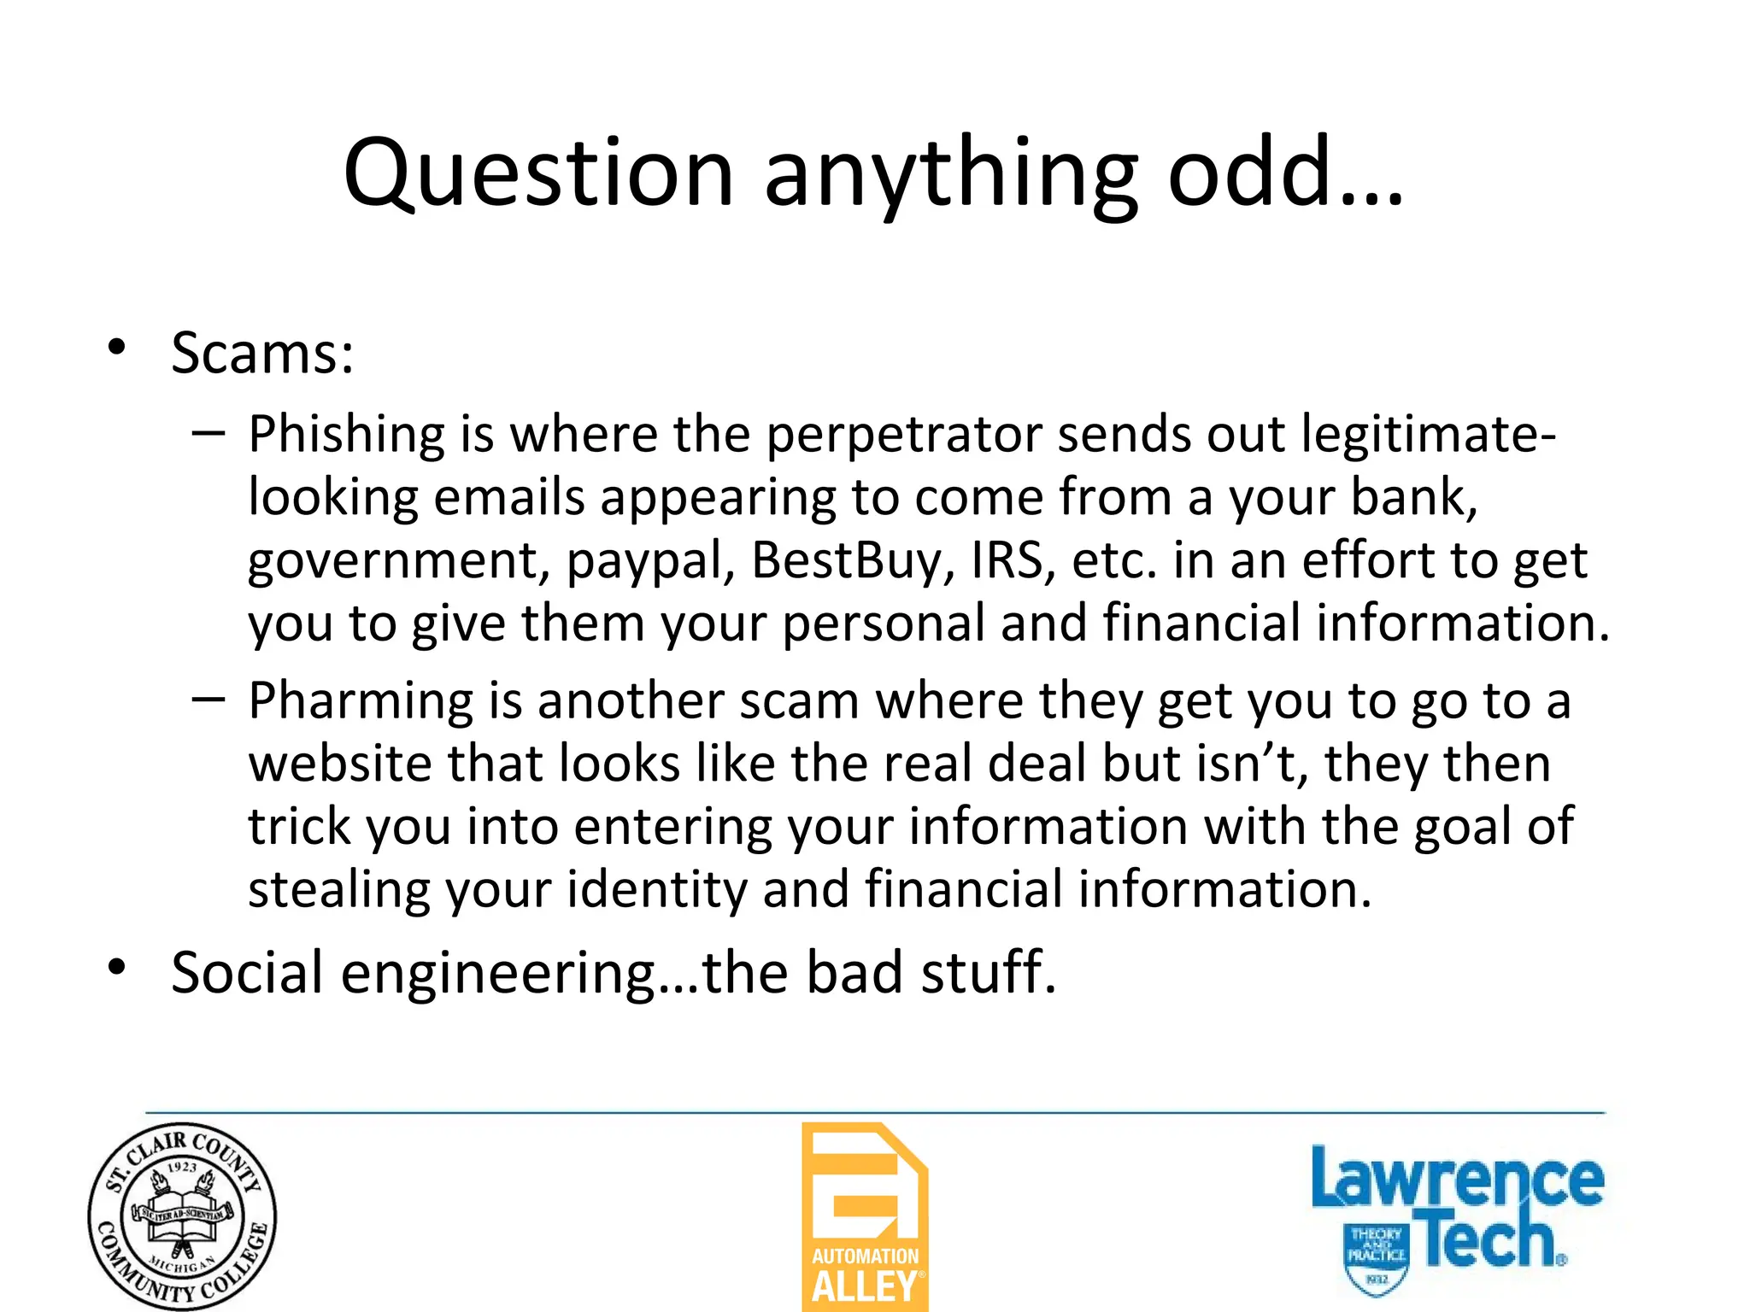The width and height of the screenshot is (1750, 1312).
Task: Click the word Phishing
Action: click(346, 435)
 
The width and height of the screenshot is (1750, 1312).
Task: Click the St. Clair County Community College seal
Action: click(182, 1216)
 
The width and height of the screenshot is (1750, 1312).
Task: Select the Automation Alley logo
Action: click(865, 1216)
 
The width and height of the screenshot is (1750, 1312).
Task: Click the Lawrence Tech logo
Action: click(1456, 1216)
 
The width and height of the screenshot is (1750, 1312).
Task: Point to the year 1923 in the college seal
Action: click(182, 1167)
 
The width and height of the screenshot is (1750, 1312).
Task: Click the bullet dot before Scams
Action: click(117, 348)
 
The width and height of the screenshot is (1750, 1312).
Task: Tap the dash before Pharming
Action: click(208, 700)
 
